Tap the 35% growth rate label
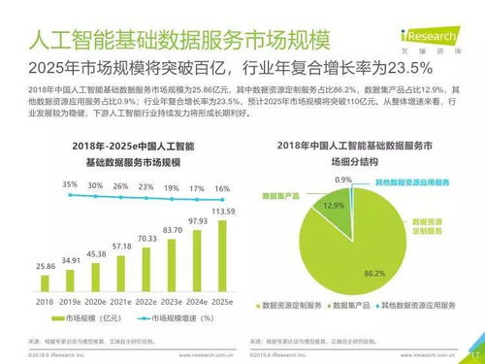44,182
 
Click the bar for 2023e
172,264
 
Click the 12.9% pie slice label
335,207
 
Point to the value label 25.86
45,265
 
